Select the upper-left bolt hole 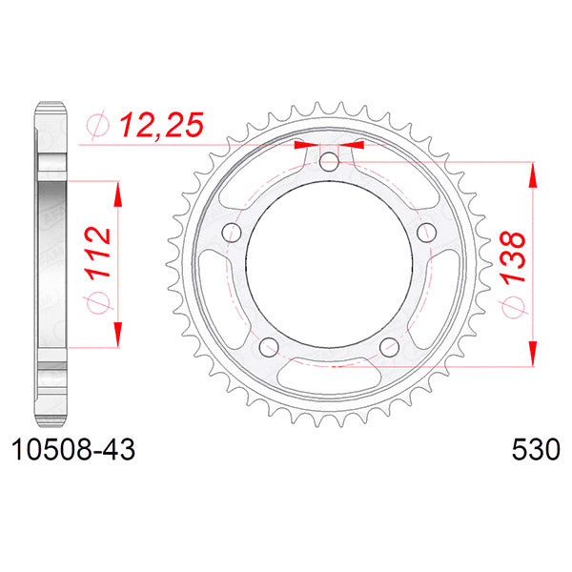coord(230,232)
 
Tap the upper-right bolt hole coord(427,232)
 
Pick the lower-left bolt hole coord(268,346)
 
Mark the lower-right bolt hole coord(389,346)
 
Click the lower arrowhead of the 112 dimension coord(118,334)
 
